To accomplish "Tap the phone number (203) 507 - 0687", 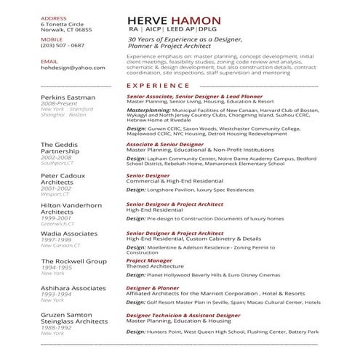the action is pos(63,45).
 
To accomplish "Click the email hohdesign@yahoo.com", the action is pos(68,68).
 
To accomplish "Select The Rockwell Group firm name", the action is pos(73,260).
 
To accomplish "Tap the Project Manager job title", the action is pos(149,260).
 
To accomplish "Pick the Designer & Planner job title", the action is pos(153,287).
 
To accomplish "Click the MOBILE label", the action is pos(52,39).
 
